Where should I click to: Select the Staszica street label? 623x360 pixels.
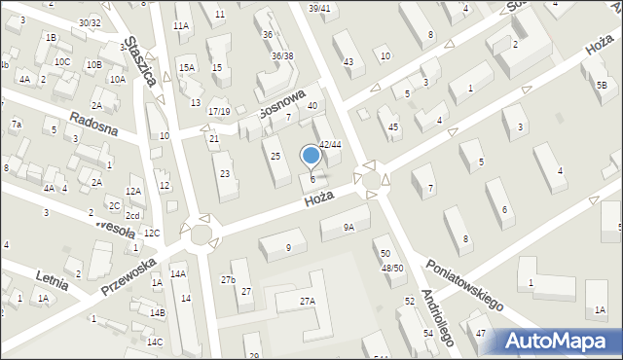click(x=139, y=63)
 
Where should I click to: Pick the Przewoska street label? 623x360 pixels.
click(x=128, y=276)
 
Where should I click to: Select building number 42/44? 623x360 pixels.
click(x=330, y=144)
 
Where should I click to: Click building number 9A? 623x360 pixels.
click(x=349, y=227)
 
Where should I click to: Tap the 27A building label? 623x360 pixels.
click(x=307, y=302)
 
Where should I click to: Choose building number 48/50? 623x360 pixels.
click(x=391, y=268)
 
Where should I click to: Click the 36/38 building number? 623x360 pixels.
click(x=282, y=55)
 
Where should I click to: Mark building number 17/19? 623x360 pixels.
click(x=219, y=112)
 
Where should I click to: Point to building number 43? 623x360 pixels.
click(x=348, y=62)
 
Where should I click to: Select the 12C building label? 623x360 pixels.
click(x=151, y=234)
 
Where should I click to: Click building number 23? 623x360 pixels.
click(x=225, y=173)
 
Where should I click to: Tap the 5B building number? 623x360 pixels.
click(x=602, y=86)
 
